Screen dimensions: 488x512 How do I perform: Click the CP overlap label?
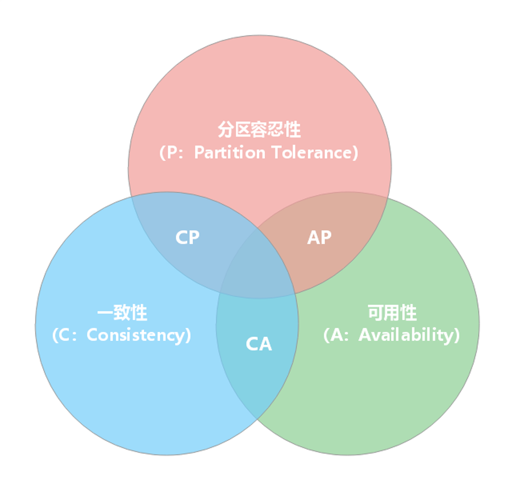187,238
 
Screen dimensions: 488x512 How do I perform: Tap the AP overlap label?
319,238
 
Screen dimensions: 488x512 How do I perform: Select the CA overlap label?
259,344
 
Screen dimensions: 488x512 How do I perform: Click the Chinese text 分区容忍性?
259,130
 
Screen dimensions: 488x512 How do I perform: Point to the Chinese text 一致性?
122,313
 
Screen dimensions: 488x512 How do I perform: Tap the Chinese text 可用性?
392,313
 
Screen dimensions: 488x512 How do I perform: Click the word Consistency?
135,335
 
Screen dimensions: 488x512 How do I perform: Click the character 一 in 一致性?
105,313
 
